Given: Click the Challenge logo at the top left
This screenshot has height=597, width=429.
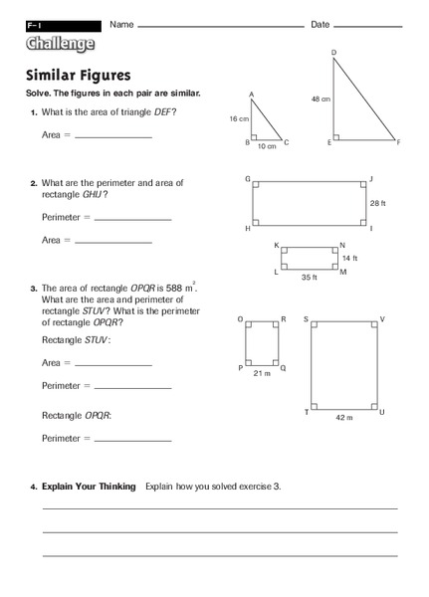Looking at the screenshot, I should coord(61,44).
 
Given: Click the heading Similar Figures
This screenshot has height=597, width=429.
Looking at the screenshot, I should coord(78,75).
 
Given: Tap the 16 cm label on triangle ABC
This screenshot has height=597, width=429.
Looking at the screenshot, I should coord(239,118).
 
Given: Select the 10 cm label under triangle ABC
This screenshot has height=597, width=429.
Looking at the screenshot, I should coord(266,146).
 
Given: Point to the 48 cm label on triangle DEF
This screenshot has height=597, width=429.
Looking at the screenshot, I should coord(321,99).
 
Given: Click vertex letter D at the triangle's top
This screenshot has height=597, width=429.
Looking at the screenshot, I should coord(333,52).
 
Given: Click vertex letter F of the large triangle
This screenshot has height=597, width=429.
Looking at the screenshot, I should coord(397,143).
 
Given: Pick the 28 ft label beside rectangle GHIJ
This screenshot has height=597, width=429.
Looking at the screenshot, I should coord(377,203).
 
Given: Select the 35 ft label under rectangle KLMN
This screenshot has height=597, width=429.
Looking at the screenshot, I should coord(309,279).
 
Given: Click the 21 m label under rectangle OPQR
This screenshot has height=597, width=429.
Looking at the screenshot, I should coord(263,374).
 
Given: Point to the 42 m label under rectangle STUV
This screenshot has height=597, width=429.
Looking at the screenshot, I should coord(343,418).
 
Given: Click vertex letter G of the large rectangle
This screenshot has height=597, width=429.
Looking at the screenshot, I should coord(247,179).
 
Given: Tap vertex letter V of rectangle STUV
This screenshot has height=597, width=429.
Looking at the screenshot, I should coord(382,319).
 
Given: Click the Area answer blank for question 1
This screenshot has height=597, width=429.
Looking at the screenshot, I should coord(113,136).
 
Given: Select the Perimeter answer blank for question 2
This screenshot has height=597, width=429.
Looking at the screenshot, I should coord(132,219).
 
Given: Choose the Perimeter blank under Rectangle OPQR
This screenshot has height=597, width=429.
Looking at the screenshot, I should coord(132,439).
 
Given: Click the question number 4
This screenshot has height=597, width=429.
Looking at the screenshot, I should coord(33,487).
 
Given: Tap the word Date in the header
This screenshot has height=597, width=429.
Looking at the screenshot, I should coord(321,24).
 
